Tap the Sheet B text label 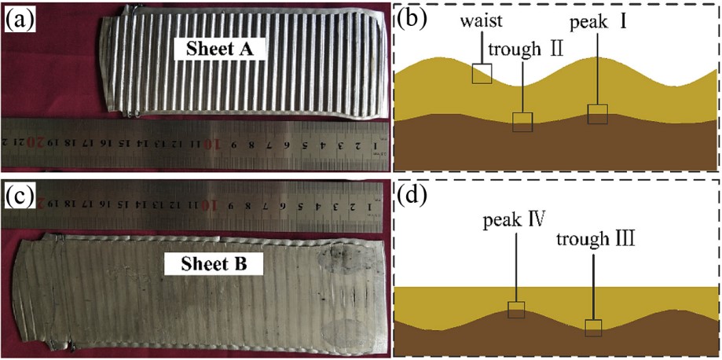(x=207, y=264)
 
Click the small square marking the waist (x=482, y=73)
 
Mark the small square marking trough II (x=522, y=122)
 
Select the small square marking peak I (x=598, y=114)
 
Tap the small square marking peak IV (x=515, y=310)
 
